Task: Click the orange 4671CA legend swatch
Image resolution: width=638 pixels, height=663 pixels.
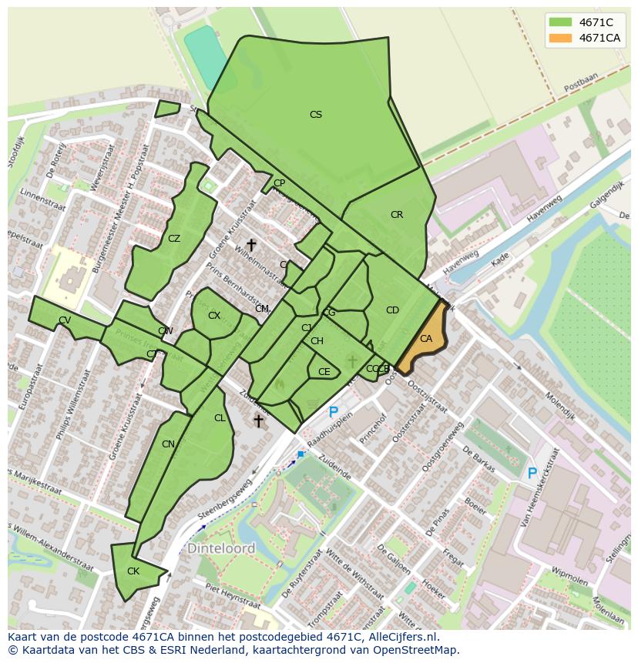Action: click(560, 38)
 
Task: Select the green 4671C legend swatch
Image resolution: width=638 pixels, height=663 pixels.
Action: click(560, 22)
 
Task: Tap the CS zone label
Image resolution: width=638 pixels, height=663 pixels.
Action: click(316, 115)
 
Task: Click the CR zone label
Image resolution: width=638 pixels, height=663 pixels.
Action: click(397, 215)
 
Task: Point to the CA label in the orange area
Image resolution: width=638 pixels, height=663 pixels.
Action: click(426, 339)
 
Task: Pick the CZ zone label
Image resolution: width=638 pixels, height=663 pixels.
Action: click(174, 239)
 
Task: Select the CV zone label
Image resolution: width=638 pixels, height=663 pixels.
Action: click(65, 320)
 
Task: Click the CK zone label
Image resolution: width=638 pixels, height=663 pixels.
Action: click(133, 571)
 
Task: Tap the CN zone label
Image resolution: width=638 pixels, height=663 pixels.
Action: click(169, 444)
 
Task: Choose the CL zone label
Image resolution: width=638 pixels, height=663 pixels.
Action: click(220, 418)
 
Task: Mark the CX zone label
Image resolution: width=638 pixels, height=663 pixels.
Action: click(214, 316)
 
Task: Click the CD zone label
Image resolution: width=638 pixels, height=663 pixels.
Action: click(392, 310)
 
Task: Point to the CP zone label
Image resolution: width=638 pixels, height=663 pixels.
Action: click(279, 183)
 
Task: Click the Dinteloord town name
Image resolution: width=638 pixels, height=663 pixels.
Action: click(221, 549)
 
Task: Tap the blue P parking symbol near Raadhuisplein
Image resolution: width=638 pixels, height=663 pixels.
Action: click(334, 413)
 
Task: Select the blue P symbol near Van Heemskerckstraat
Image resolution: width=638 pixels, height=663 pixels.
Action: click(532, 474)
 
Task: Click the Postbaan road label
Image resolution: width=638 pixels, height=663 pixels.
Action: click(580, 83)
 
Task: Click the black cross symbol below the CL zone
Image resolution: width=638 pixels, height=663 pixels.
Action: click(259, 420)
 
